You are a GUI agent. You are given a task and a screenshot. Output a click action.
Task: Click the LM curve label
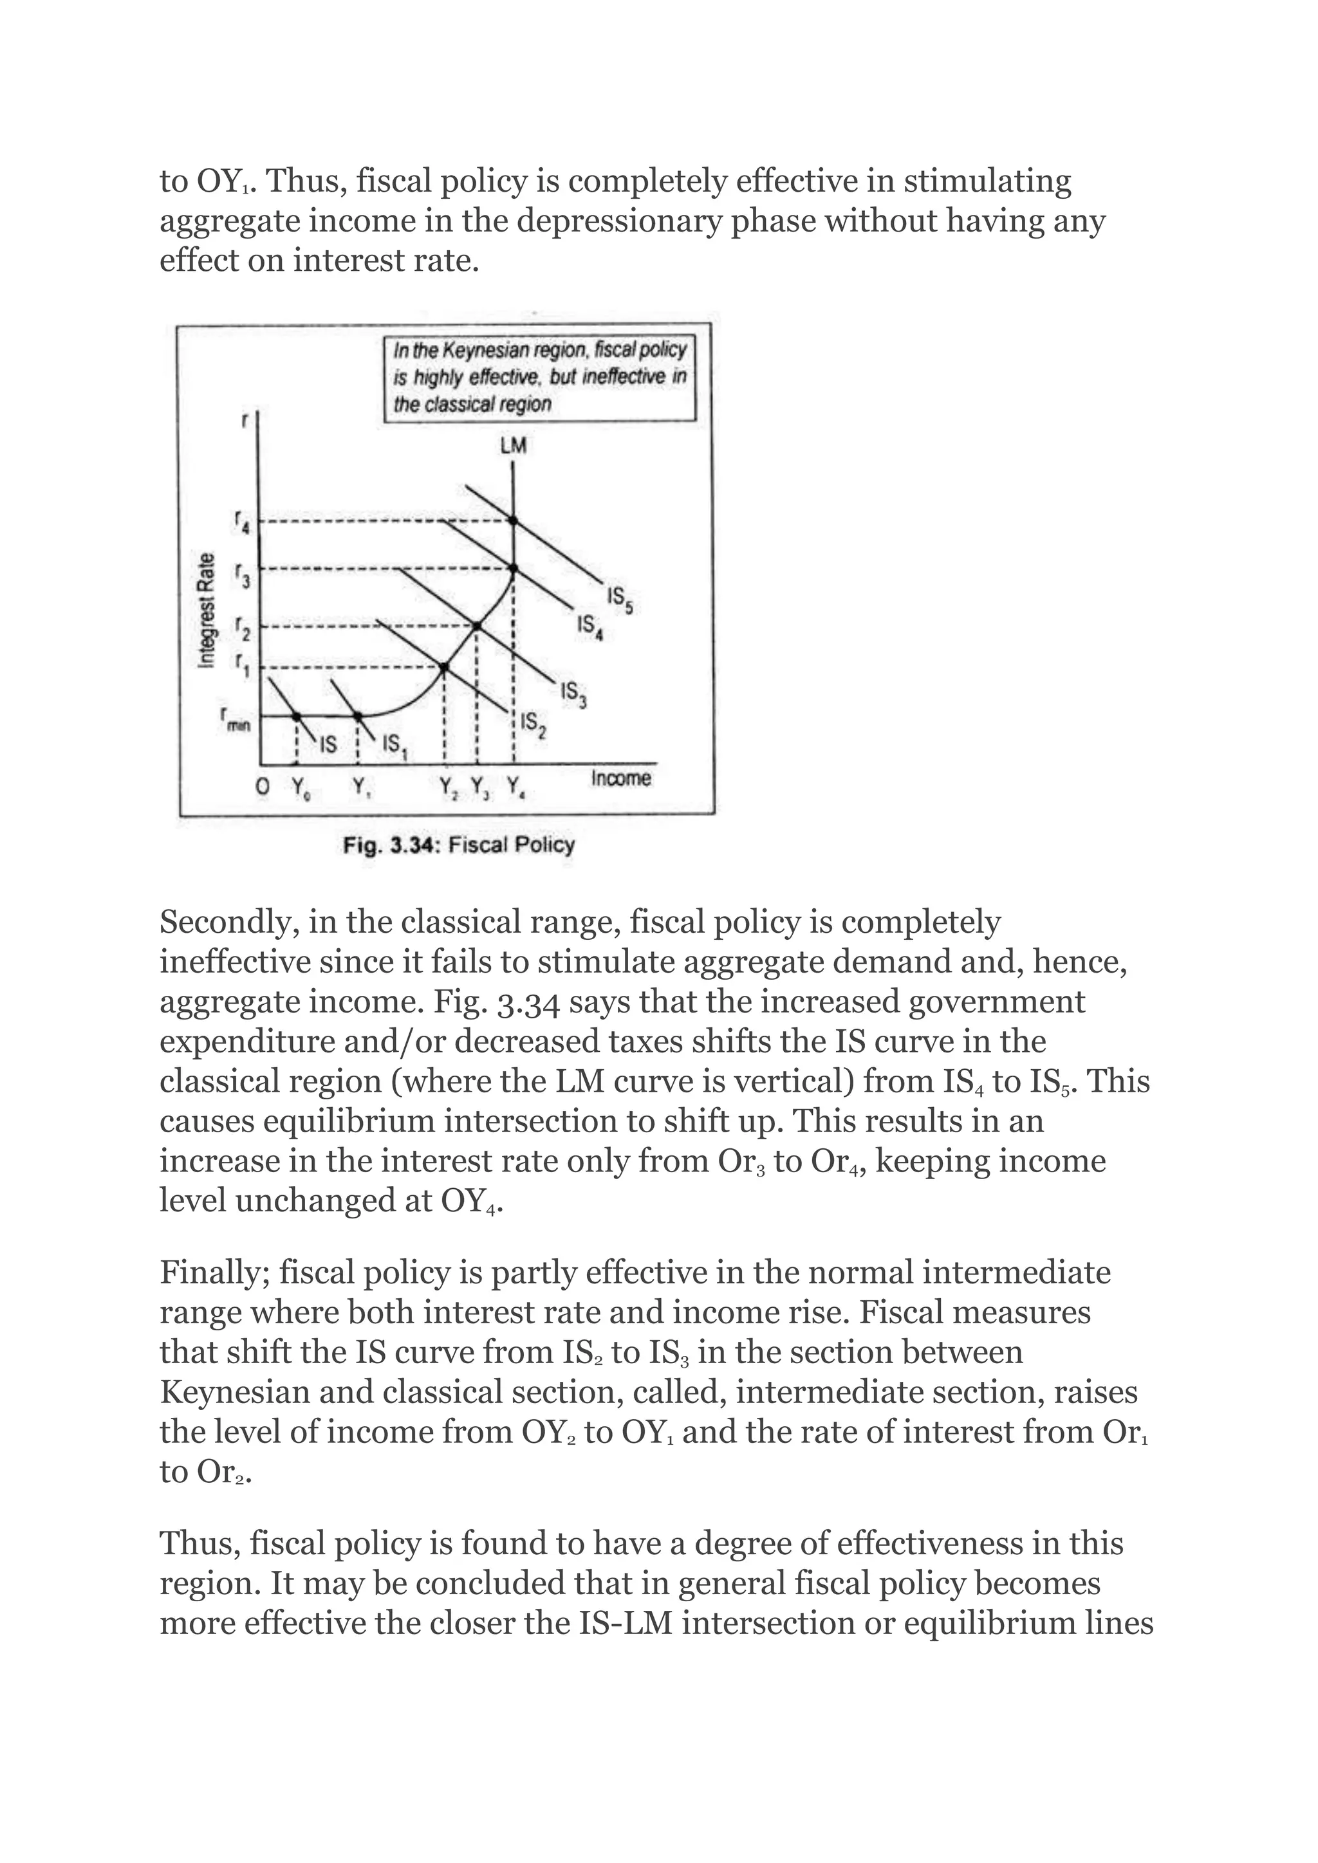513,445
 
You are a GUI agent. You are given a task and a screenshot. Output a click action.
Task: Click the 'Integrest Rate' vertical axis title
208,610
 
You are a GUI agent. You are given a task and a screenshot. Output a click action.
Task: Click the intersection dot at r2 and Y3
478,625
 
